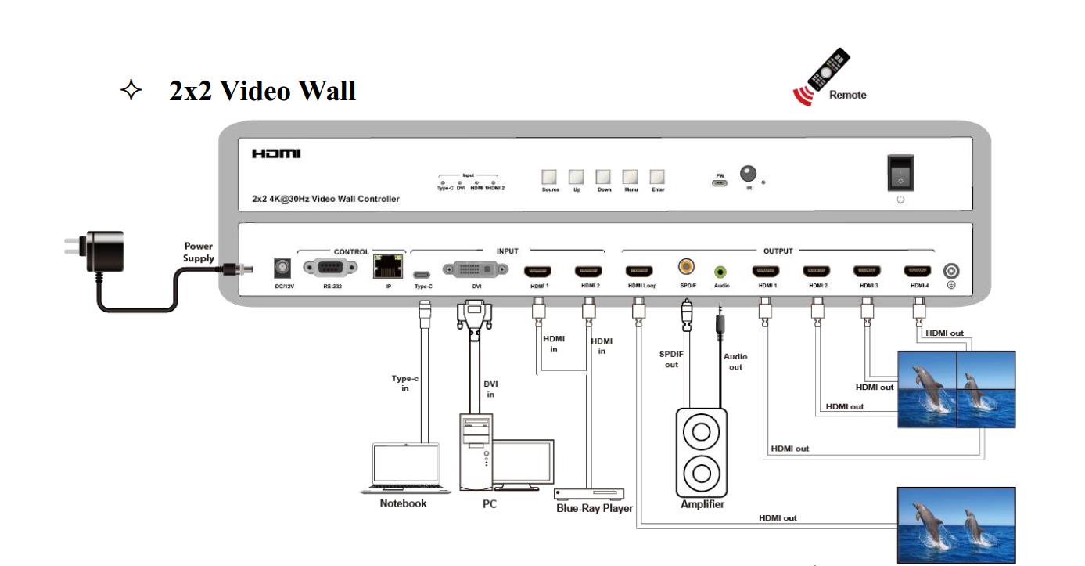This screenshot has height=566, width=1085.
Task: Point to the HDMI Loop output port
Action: (x=639, y=272)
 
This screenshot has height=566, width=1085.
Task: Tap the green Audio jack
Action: (x=720, y=272)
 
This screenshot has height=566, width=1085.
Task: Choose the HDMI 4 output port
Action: (x=918, y=272)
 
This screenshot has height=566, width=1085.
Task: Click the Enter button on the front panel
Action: (x=658, y=177)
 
